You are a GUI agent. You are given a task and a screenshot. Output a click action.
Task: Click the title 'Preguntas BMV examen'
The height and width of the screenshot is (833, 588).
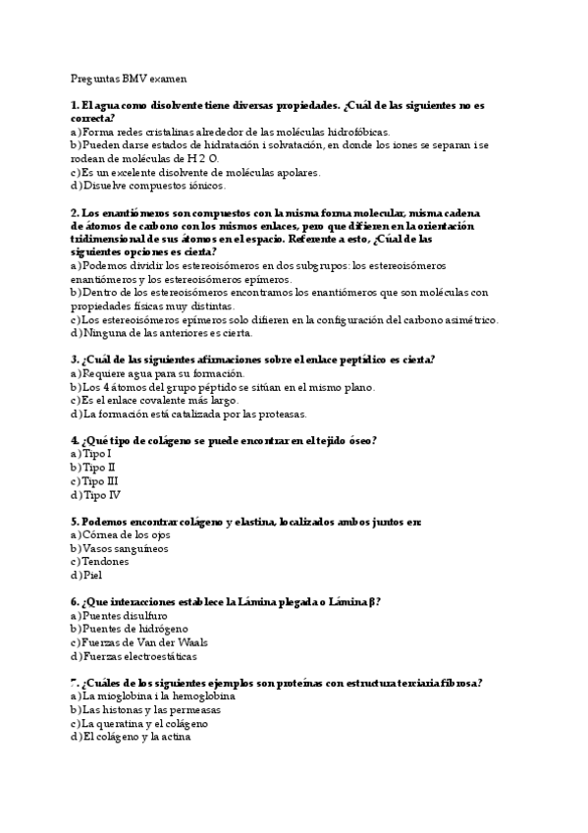[129, 78]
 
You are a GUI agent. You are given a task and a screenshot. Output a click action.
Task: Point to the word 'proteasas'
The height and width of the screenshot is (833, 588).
[280, 414]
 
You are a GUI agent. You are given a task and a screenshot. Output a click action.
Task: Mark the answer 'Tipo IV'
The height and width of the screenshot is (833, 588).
[100, 495]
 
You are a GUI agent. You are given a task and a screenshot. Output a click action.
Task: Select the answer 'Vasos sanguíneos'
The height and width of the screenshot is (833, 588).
[125, 548]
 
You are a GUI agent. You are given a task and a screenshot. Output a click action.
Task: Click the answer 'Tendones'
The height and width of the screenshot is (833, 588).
[105, 562]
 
